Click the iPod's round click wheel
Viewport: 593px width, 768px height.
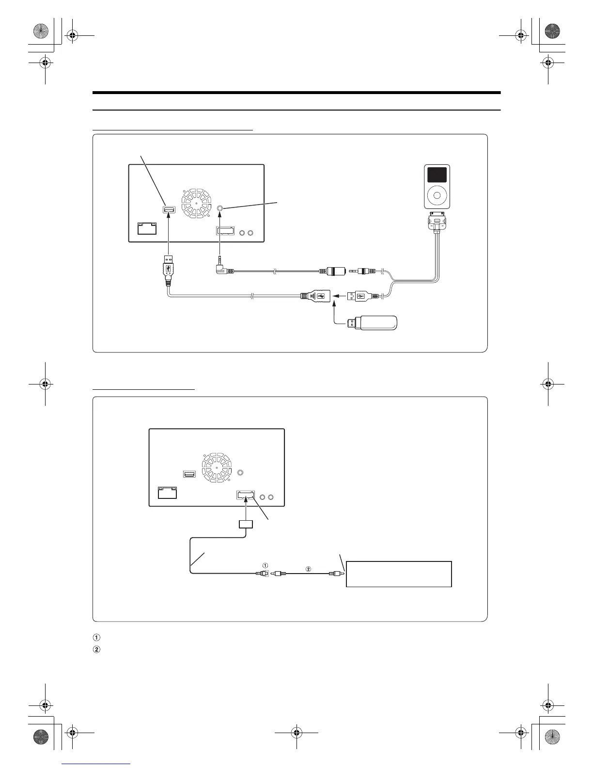437,196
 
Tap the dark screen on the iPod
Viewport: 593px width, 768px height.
437,175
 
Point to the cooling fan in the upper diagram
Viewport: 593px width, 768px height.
197,202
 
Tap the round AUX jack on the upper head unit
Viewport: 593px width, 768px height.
221,208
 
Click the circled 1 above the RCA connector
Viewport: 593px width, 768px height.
265,565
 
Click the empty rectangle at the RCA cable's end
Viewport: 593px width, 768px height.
399,574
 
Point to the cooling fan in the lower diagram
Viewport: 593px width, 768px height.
217,467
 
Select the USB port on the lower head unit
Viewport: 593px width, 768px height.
189,474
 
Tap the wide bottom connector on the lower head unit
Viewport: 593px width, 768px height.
246,496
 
